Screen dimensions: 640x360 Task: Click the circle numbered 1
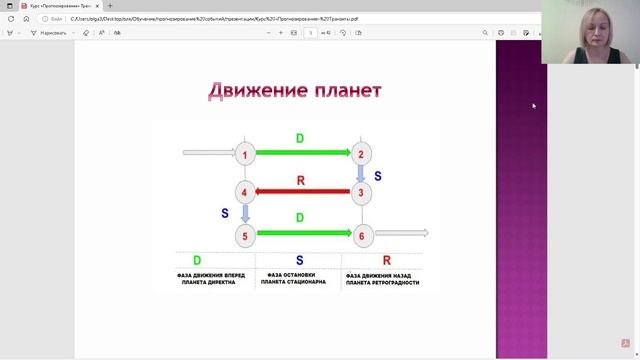(245, 154)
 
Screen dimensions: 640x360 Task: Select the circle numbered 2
(362, 154)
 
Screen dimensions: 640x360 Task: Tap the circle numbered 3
(362, 193)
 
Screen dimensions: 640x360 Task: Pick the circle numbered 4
(245, 193)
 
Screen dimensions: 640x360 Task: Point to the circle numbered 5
(245, 236)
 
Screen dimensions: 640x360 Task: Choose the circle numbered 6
(362, 236)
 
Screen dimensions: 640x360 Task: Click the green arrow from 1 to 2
(304, 154)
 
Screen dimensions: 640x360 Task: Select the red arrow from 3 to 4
(304, 193)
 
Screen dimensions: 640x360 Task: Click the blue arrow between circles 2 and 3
(362, 174)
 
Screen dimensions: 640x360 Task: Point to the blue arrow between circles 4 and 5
(245, 214)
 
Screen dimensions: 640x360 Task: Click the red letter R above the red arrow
(301, 180)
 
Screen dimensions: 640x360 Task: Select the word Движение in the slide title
(251, 91)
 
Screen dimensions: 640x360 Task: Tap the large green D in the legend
(197, 261)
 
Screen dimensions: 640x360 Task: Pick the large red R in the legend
(386, 261)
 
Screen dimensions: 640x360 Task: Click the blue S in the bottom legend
(299, 261)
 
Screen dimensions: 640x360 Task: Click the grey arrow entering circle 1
(206, 154)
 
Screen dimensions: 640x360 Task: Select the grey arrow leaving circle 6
(402, 234)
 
